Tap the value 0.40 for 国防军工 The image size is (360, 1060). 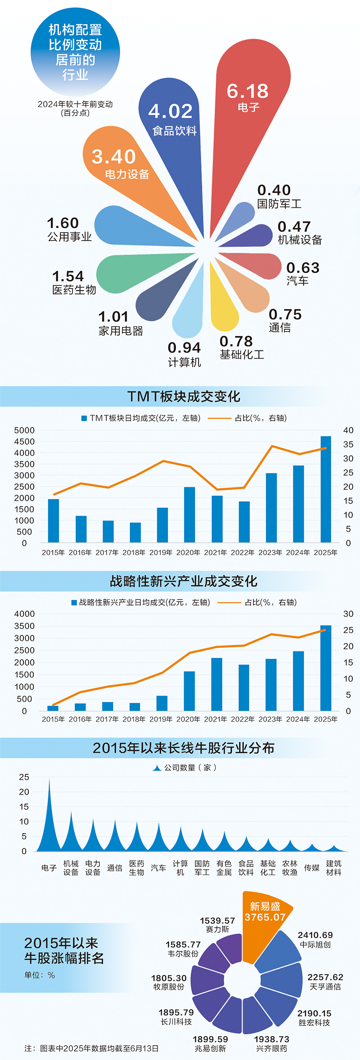coord(274,190)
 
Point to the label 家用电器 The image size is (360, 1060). coord(121,331)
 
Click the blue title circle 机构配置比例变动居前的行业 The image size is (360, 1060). coord(75,52)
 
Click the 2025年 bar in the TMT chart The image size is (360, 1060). coord(325,490)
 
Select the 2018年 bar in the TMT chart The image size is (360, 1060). coord(135,532)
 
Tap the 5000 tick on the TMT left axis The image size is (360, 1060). coord(24,431)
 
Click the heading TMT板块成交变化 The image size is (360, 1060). coord(184,396)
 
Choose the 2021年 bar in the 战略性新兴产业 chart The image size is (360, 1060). coord(216,684)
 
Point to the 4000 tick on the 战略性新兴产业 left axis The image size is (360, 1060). coord(24,614)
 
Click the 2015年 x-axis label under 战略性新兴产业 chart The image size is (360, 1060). coord(53,719)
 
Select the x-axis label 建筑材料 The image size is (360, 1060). coord(333,868)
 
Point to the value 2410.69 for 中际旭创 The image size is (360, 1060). coord(315,935)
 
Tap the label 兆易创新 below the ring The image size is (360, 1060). coord(210,1048)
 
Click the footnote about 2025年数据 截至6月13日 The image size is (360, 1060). coord(91,1048)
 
